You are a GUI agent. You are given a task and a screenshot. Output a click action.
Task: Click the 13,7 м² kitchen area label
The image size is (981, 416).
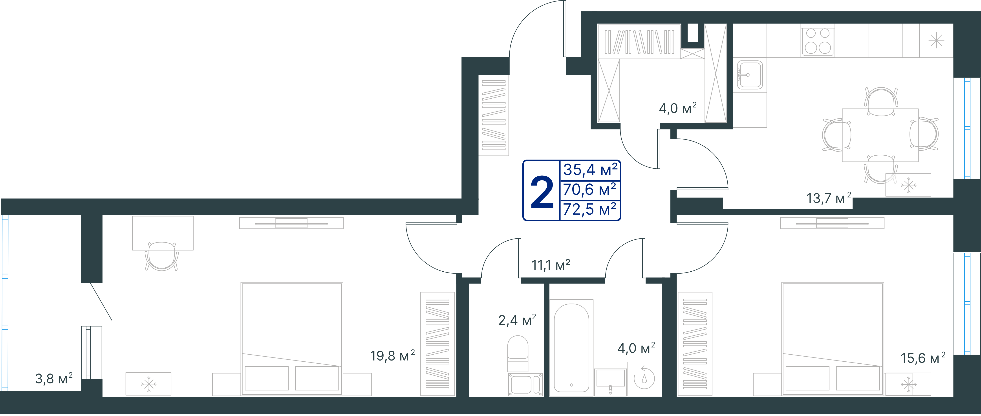pyautogui.click(x=829, y=198)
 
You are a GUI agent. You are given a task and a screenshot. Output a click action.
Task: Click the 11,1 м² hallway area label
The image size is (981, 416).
pyautogui.click(x=551, y=265)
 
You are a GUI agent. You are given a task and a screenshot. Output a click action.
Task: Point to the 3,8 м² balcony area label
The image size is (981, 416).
pyautogui.click(x=54, y=379)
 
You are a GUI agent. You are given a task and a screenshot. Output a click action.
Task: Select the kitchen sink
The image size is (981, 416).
pyautogui.click(x=750, y=75)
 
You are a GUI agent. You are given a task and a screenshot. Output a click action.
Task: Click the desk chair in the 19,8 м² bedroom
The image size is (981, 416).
pyautogui.click(x=162, y=256)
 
